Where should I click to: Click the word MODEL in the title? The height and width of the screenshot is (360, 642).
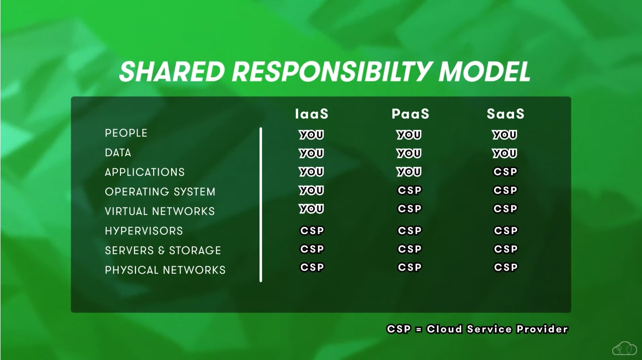[484, 72]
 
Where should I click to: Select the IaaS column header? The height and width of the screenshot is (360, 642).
[312, 114]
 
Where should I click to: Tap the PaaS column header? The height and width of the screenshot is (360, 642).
[411, 114]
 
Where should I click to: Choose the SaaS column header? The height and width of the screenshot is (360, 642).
[505, 114]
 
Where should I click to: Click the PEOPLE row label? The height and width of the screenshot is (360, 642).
[126, 133]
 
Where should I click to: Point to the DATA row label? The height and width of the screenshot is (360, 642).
[118, 153]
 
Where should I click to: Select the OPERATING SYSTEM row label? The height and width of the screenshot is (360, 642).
[160, 192]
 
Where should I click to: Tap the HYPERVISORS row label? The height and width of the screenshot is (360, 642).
[144, 231]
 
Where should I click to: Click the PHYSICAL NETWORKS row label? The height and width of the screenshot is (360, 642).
[165, 270]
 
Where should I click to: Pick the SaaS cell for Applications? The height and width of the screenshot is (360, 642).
[505, 172]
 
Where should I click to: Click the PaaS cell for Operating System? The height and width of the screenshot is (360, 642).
[410, 190]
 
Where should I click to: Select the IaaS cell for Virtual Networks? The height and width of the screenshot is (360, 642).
[311, 209]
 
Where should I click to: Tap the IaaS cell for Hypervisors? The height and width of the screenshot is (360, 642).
[312, 230]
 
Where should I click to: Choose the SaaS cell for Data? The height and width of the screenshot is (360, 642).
[504, 153]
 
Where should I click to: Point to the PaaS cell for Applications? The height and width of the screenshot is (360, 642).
[409, 172]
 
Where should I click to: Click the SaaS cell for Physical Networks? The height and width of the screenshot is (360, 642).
[506, 268]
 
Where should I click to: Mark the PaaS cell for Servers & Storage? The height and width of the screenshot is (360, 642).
[410, 249]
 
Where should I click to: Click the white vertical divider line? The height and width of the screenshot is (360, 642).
[261, 205]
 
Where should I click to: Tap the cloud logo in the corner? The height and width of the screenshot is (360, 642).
[624, 348]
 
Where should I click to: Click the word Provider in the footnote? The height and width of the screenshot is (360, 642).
[542, 329]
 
